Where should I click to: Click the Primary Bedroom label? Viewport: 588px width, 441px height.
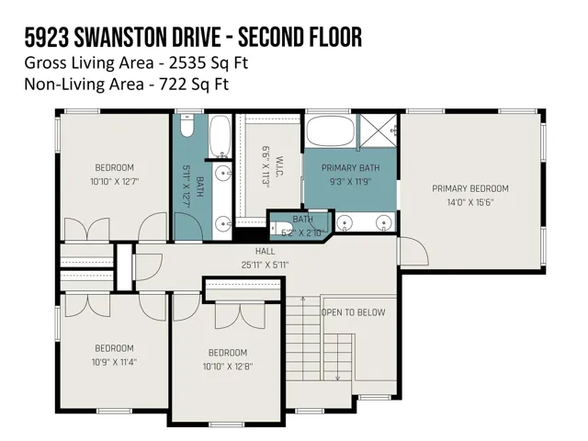point(470,188)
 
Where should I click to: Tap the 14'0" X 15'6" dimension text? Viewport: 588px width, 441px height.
point(470,202)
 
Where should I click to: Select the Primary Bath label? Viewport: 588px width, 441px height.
point(351,167)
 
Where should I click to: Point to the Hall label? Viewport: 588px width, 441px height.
point(266,251)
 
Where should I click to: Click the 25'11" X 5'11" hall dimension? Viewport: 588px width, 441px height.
point(266,266)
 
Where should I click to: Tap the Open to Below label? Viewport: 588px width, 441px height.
point(353,312)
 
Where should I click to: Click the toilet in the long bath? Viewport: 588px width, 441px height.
point(187,126)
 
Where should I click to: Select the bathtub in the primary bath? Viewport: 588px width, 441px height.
point(331,130)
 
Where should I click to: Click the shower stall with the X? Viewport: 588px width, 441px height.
point(378,130)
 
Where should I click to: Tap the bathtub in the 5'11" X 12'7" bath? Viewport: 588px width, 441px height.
point(220,136)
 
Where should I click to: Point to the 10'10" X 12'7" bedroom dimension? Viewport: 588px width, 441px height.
point(114,182)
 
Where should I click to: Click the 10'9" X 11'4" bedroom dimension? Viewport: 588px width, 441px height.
point(114,363)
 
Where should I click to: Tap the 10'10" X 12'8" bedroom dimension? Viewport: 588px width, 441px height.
point(228,367)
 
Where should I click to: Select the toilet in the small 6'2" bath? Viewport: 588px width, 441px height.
point(276,229)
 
